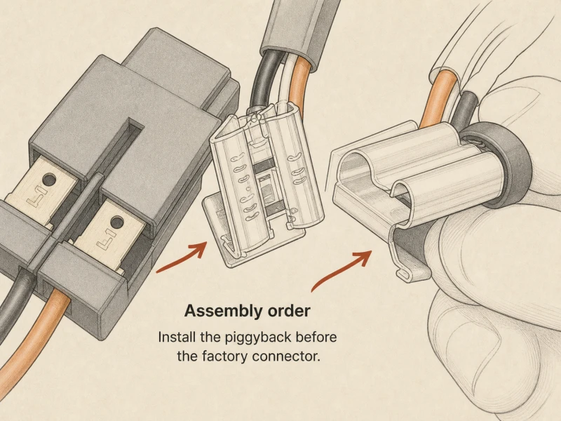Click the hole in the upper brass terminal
49,179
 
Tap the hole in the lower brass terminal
117,222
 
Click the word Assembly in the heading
217,311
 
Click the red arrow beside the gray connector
182,257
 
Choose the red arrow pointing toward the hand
341,269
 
